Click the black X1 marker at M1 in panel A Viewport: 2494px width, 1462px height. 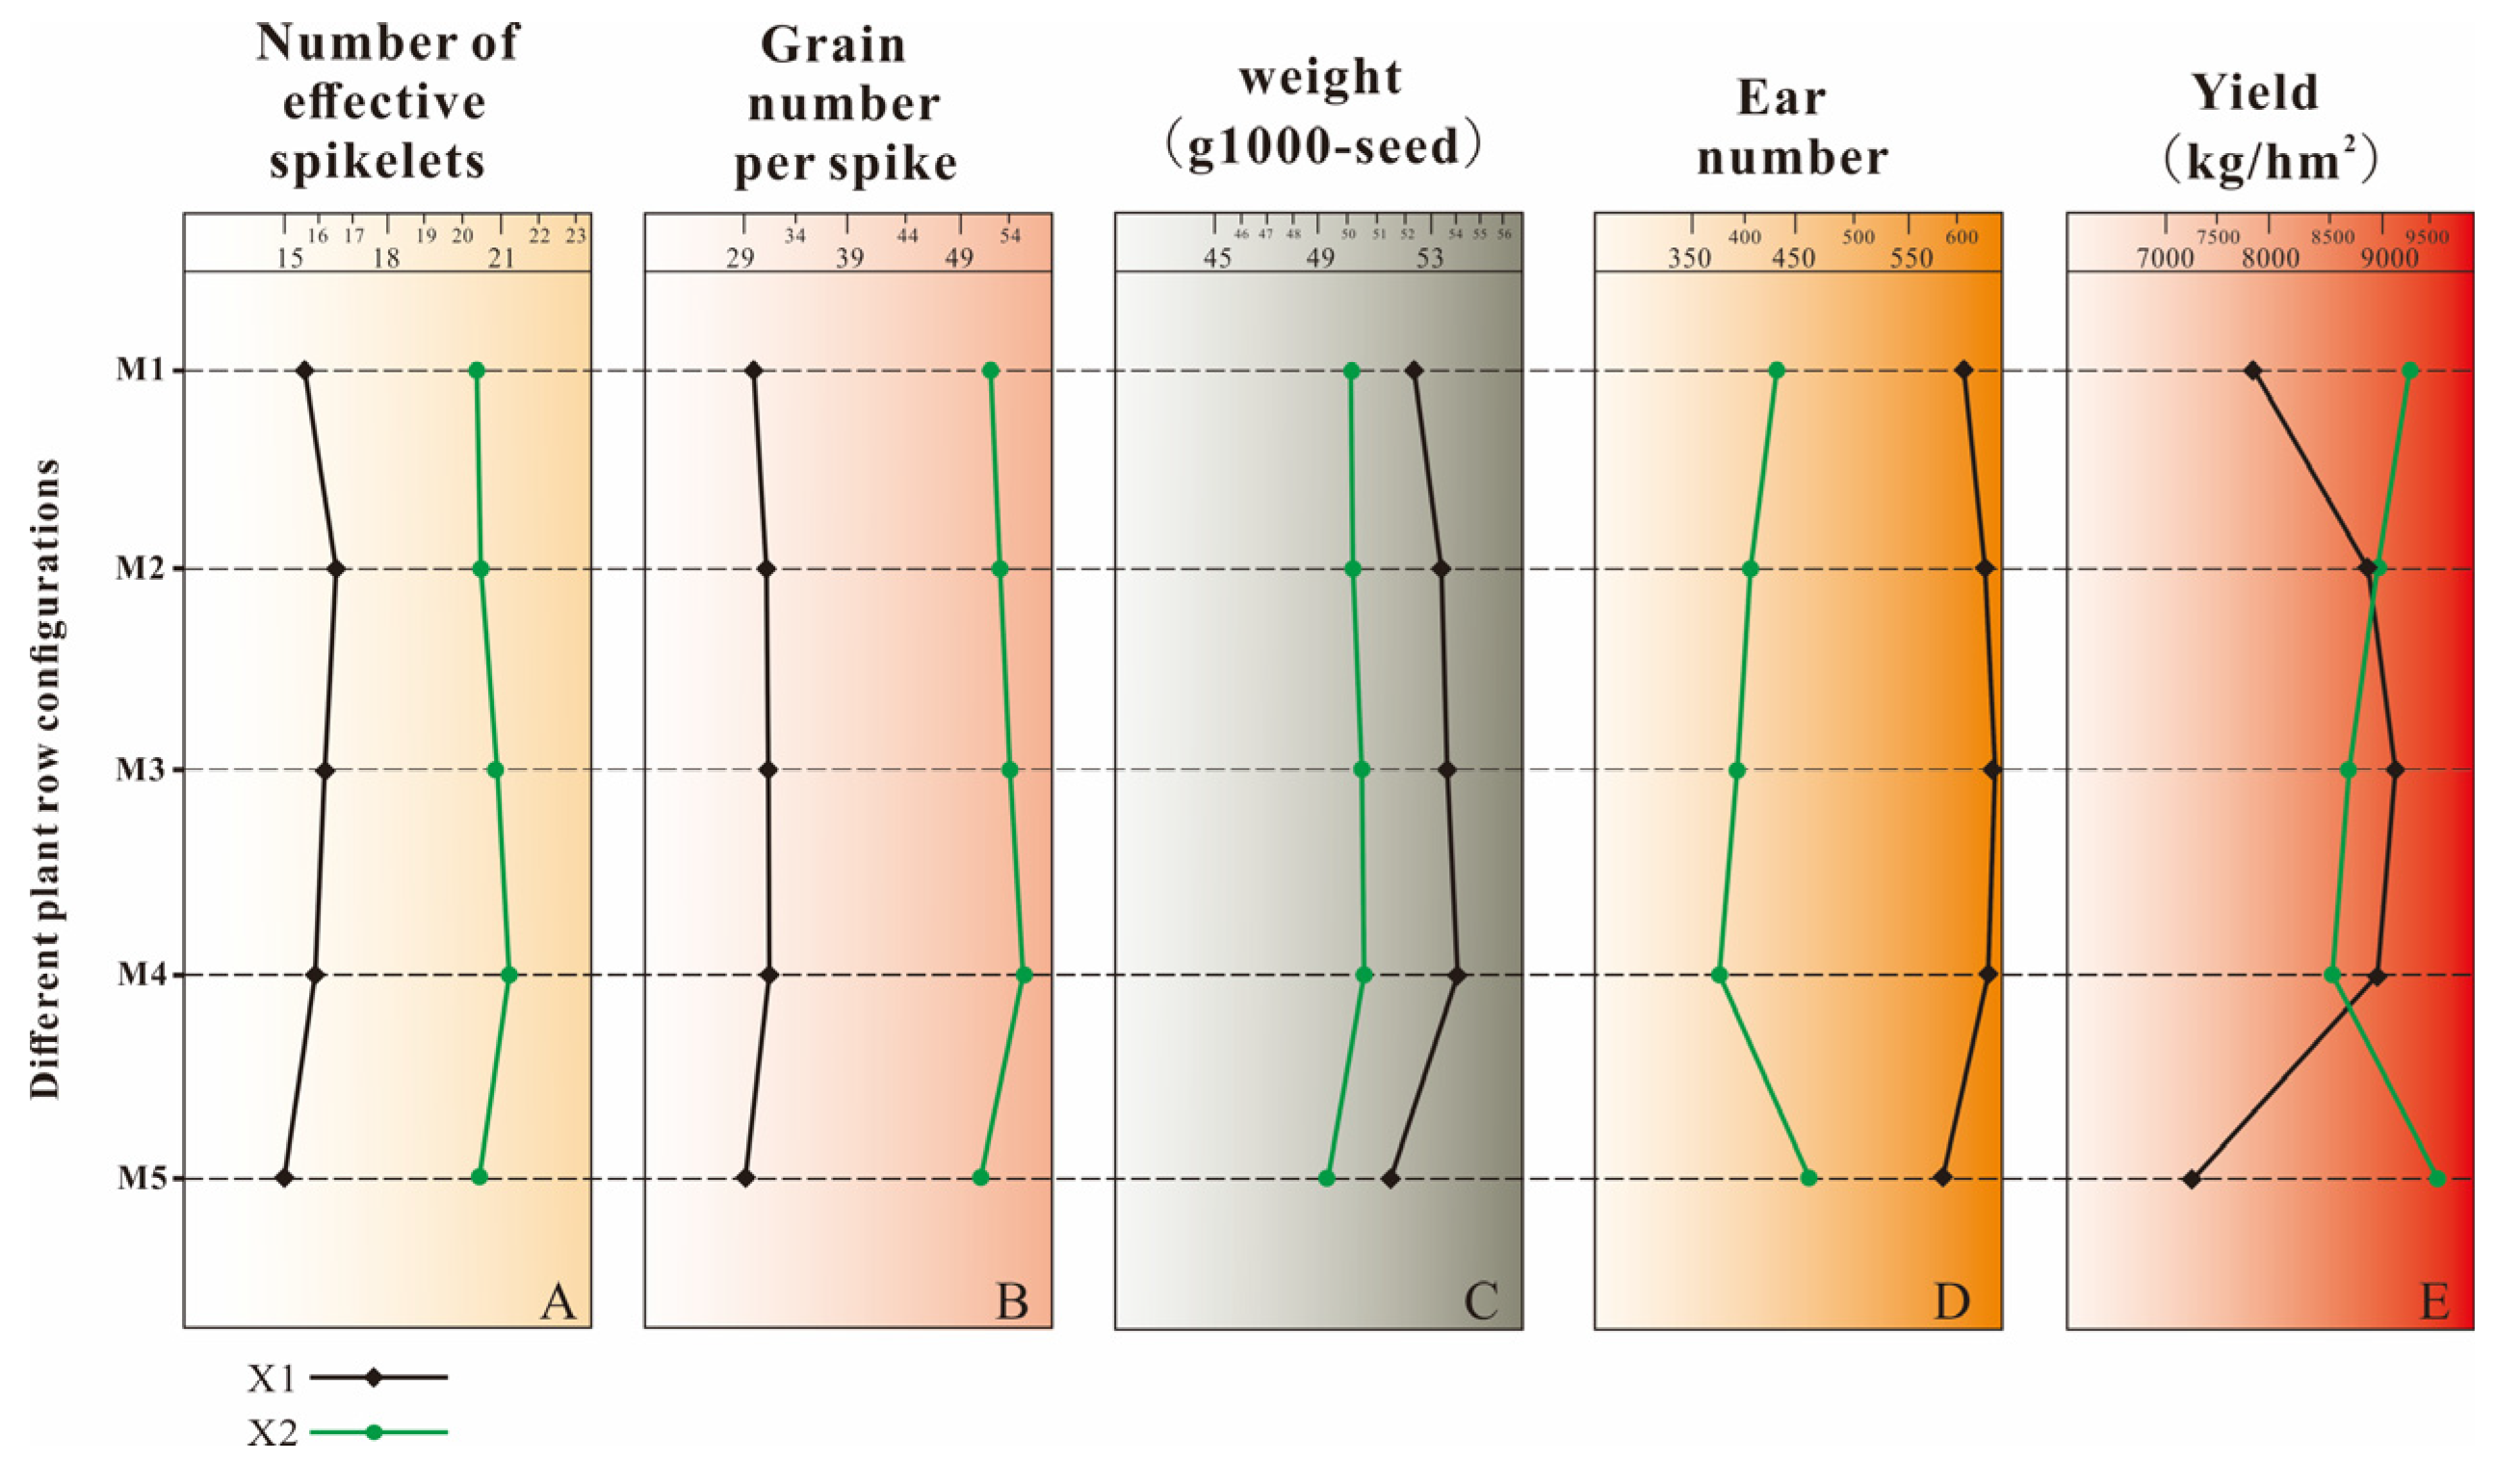pyautogui.click(x=305, y=370)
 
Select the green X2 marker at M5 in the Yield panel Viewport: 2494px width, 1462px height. pyautogui.click(x=2436, y=1178)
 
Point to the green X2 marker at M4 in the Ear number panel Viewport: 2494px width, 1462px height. pyautogui.click(x=1719, y=975)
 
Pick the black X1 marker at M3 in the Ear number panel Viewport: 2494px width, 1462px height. pyautogui.click(x=1992, y=770)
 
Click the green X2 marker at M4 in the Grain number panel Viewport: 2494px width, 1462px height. pyautogui.click(x=1025, y=975)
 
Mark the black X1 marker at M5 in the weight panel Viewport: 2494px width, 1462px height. pyautogui.click(x=1390, y=1178)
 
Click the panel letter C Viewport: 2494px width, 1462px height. pyautogui.click(x=1481, y=1300)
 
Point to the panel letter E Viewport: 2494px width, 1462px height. pyautogui.click(x=2434, y=1300)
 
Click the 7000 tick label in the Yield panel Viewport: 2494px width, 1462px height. pyautogui.click(x=2165, y=259)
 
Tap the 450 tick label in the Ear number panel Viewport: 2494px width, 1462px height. pyautogui.click(x=1792, y=259)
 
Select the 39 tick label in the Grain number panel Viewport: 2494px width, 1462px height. pyautogui.click(x=849, y=259)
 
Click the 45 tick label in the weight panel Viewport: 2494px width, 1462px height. pyautogui.click(x=1217, y=259)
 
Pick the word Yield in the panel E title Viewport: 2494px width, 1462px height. pyautogui.click(x=2255, y=93)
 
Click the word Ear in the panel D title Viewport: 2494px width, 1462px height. pyautogui.click(x=1780, y=98)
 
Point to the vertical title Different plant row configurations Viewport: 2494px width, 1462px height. pyautogui.click(x=44, y=778)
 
